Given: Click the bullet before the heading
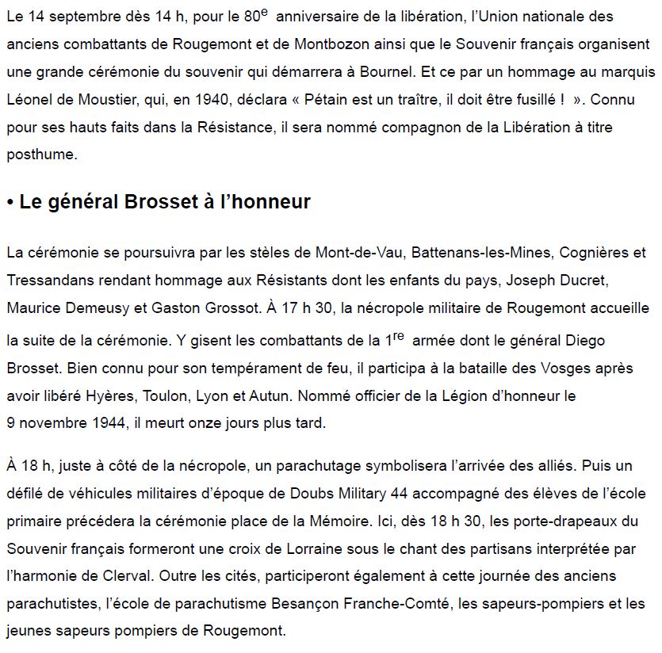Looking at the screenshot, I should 10,203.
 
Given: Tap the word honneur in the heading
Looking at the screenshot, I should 269,202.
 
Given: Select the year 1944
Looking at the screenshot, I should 110,422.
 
